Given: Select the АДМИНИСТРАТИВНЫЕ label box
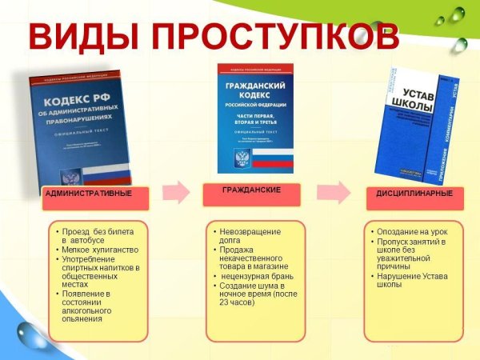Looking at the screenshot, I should (87, 194).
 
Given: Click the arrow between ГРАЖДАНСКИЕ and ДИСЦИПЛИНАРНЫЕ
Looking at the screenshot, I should (332, 193).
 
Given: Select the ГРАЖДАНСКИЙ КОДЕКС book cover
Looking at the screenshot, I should (255, 116).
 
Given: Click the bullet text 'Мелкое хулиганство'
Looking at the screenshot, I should (97, 250).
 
